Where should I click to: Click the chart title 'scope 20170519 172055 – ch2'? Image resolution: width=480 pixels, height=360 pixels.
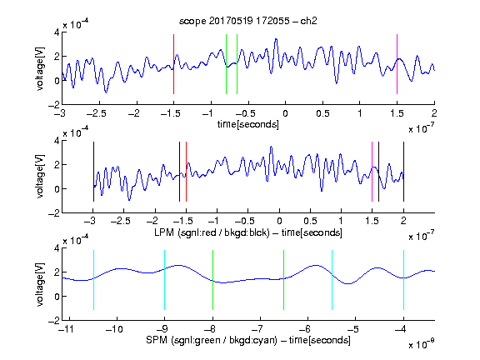(248, 21)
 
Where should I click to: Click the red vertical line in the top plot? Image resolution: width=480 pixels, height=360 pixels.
(173, 64)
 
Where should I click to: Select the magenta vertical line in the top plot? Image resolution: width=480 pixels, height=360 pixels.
(397, 64)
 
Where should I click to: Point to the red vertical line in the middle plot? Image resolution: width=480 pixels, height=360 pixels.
(186, 172)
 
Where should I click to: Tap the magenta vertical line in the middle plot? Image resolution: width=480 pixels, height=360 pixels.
(372, 172)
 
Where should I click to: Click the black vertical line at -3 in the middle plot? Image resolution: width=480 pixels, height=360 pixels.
(93, 172)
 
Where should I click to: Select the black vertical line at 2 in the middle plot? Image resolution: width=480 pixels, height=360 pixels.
(403, 172)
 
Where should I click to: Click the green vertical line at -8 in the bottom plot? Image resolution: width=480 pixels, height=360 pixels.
(212, 280)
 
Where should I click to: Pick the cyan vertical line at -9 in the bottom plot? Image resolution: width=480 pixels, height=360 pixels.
(164, 280)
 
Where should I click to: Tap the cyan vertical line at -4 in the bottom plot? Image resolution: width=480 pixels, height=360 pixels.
(403, 280)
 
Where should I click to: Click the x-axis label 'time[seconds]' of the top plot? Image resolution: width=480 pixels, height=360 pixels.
(248, 125)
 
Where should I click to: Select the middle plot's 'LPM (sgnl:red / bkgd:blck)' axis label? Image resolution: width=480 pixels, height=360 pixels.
(212, 232)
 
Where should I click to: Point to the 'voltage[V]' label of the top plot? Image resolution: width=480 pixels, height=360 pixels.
(40, 68)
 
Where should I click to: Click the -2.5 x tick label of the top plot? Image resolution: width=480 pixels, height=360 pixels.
(96, 113)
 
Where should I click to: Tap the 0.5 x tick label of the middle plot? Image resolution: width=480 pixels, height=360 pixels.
(310, 221)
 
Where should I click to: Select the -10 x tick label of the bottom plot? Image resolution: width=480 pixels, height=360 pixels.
(114, 329)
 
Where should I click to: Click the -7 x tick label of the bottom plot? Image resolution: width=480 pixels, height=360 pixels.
(259, 329)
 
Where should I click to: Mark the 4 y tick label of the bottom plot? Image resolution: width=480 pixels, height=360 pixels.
(57, 248)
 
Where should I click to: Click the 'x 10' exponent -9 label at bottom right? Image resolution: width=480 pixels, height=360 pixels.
(422, 344)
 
